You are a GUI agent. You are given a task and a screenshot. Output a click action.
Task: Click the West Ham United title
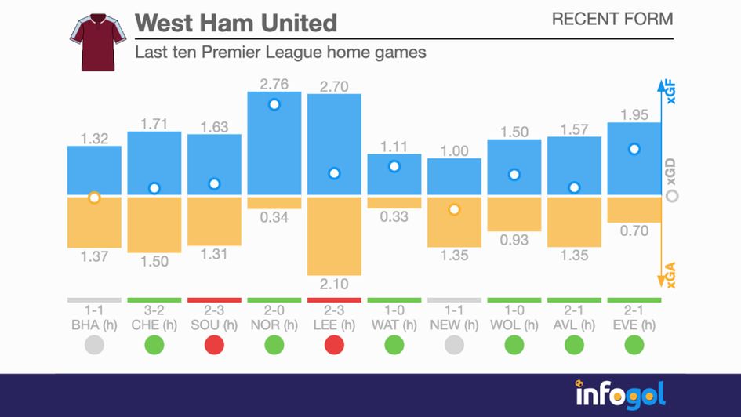tap(236, 22)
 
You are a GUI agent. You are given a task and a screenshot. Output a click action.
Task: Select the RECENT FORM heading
tap(612, 19)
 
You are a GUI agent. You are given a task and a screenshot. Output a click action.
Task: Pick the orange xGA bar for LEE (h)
tap(334, 235)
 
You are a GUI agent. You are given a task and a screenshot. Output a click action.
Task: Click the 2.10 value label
tap(334, 283)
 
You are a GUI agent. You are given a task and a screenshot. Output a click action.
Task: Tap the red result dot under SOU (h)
tap(214, 344)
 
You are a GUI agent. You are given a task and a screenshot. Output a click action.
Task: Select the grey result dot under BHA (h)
tap(94, 344)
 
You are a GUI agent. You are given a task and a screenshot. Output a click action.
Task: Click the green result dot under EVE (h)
tap(634, 344)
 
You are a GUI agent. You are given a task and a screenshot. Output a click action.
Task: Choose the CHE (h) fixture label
tap(154, 325)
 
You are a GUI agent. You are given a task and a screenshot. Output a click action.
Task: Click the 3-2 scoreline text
tap(154, 311)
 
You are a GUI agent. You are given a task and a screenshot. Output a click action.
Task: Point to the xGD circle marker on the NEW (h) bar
tap(454, 209)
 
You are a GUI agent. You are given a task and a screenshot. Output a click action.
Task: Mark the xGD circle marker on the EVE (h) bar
tap(634, 149)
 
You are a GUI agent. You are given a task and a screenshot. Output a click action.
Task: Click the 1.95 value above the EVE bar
tap(634, 114)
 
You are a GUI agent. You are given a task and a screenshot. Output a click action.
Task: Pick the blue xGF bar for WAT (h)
tap(394, 175)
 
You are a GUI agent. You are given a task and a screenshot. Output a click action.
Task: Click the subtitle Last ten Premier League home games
tap(280, 53)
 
